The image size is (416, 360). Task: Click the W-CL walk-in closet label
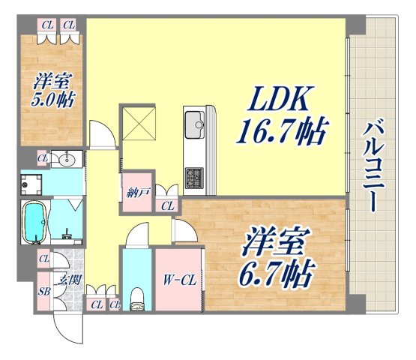click(x=180, y=281)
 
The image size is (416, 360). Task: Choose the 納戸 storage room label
click(x=138, y=192)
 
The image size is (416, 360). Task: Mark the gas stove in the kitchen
click(x=195, y=177)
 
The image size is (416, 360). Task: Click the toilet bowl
click(x=137, y=298)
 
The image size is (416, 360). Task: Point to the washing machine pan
click(x=31, y=183)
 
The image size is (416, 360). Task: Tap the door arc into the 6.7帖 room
click(x=182, y=230)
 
